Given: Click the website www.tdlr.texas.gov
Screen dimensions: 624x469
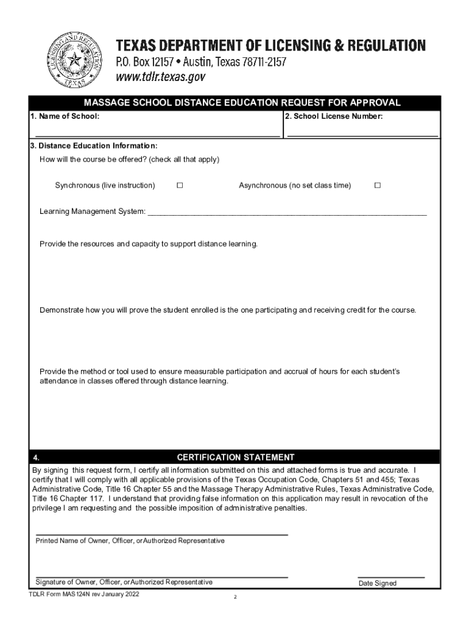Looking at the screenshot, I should [x=161, y=77].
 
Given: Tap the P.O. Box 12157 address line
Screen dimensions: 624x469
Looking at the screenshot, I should [x=201, y=62].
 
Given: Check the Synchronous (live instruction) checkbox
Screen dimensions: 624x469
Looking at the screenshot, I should [x=180, y=185].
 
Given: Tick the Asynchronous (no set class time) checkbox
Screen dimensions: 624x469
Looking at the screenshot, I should [x=377, y=185].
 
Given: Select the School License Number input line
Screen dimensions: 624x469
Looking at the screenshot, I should [x=362, y=134].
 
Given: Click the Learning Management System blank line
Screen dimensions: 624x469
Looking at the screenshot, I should [x=287, y=215].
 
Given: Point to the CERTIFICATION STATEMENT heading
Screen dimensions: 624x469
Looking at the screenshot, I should [x=235, y=457].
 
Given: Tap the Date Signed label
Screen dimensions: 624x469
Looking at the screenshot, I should [x=377, y=583].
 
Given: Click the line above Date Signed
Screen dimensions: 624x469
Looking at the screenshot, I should [x=390, y=576].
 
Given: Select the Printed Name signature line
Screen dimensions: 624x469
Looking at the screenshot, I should [x=161, y=534].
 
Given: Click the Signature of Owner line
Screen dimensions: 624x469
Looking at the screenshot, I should [x=161, y=576].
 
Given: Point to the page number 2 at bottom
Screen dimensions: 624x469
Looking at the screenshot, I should [x=235, y=597].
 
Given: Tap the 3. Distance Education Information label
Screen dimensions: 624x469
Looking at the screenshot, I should [x=94, y=146].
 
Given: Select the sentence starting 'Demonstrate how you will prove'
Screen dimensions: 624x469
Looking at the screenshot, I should [x=228, y=310].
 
